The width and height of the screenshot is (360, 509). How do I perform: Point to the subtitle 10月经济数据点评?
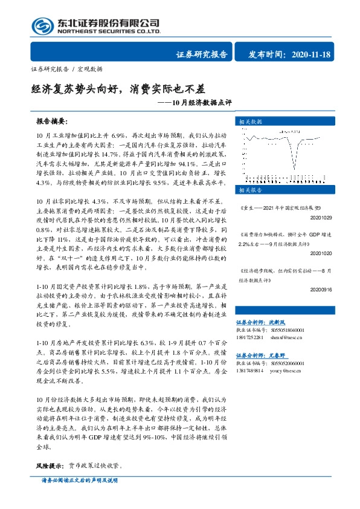tap(199, 103)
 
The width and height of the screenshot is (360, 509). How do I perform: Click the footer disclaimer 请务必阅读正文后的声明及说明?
tap(79, 497)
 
